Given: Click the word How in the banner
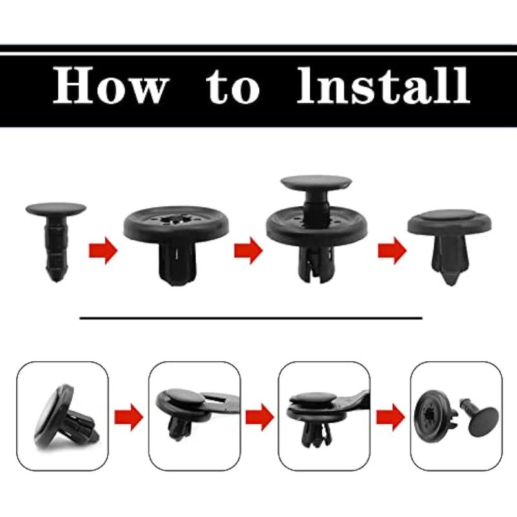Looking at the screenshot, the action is coord(111,85).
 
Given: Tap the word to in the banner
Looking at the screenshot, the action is coord(233,86).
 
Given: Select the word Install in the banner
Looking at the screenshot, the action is coord(383,85).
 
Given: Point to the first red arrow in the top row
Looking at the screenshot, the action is coord(103,251).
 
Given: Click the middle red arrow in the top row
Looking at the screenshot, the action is coord(248,251).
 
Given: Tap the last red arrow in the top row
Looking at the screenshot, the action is coord(392,251).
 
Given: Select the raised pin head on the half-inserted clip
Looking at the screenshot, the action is coord(316,182).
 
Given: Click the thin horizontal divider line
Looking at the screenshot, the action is coord(251,318).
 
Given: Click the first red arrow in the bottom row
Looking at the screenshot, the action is coord(129,417).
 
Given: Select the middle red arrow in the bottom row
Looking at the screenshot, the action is coord(260,417).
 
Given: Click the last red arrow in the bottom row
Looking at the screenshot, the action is coord(390,417).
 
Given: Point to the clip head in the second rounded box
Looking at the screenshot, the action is coord(183,397).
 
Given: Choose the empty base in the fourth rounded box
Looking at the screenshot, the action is coord(435,416).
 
